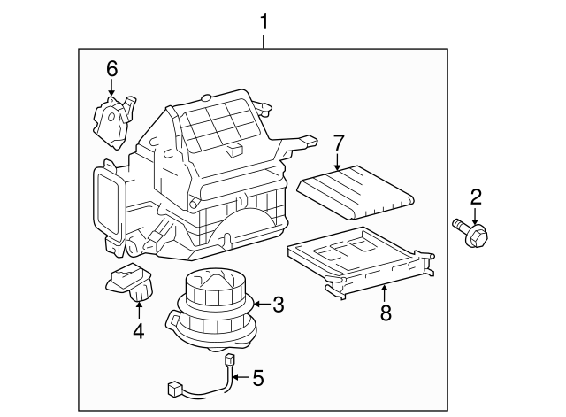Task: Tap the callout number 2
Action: [476, 197]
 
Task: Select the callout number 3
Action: [278, 306]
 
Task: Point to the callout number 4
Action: [138, 331]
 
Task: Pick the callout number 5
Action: [258, 377]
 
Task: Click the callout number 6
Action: [111, 68]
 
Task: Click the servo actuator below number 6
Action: [112, 120]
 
